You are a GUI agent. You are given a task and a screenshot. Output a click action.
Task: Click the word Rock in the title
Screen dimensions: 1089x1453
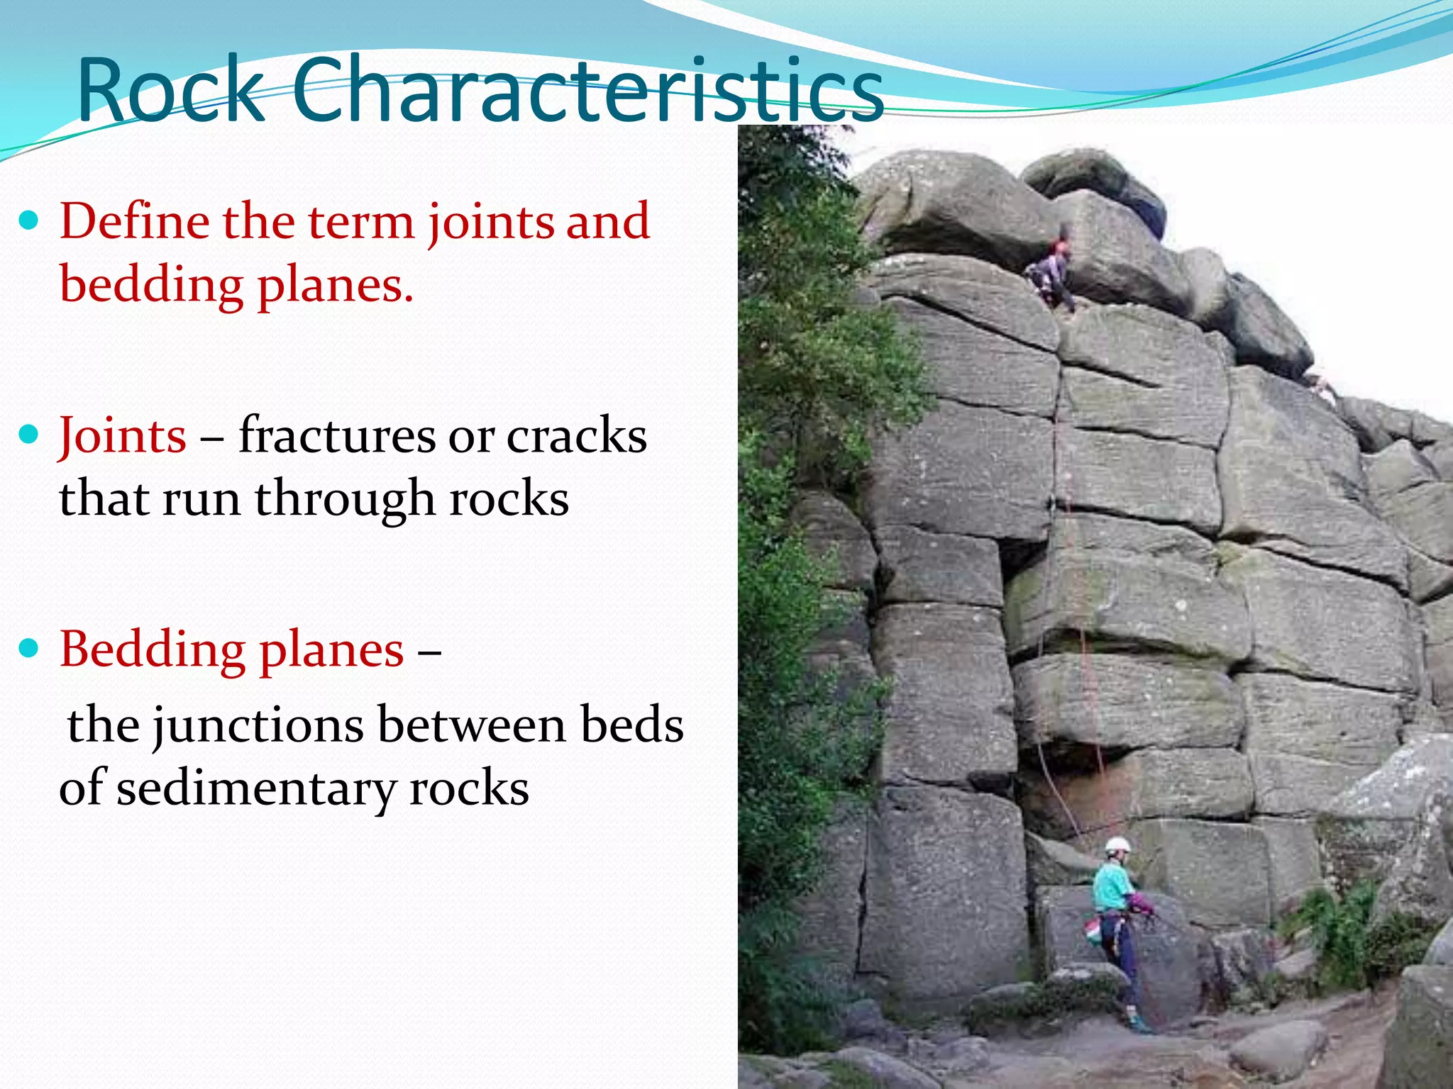(170, 91)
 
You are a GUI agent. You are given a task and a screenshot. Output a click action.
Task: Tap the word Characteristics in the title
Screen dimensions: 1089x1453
(587, 91)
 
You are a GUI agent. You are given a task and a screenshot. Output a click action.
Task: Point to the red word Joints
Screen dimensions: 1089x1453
(123, 435)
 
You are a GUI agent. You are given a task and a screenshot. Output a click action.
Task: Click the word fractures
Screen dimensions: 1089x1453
(337, 435)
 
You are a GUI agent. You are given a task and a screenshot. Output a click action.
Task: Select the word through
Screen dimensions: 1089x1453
(344, 498)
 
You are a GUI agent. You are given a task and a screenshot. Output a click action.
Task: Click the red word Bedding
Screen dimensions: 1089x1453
(152, 649)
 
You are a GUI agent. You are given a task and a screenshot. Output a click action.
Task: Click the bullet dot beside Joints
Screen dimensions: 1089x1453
(29, 435)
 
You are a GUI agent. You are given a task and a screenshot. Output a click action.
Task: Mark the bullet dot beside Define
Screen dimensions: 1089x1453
(29, 220)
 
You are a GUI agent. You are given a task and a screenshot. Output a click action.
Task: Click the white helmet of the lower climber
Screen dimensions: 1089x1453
(1117, 844)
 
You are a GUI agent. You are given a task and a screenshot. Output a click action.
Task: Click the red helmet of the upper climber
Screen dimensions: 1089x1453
(1061, 247)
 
